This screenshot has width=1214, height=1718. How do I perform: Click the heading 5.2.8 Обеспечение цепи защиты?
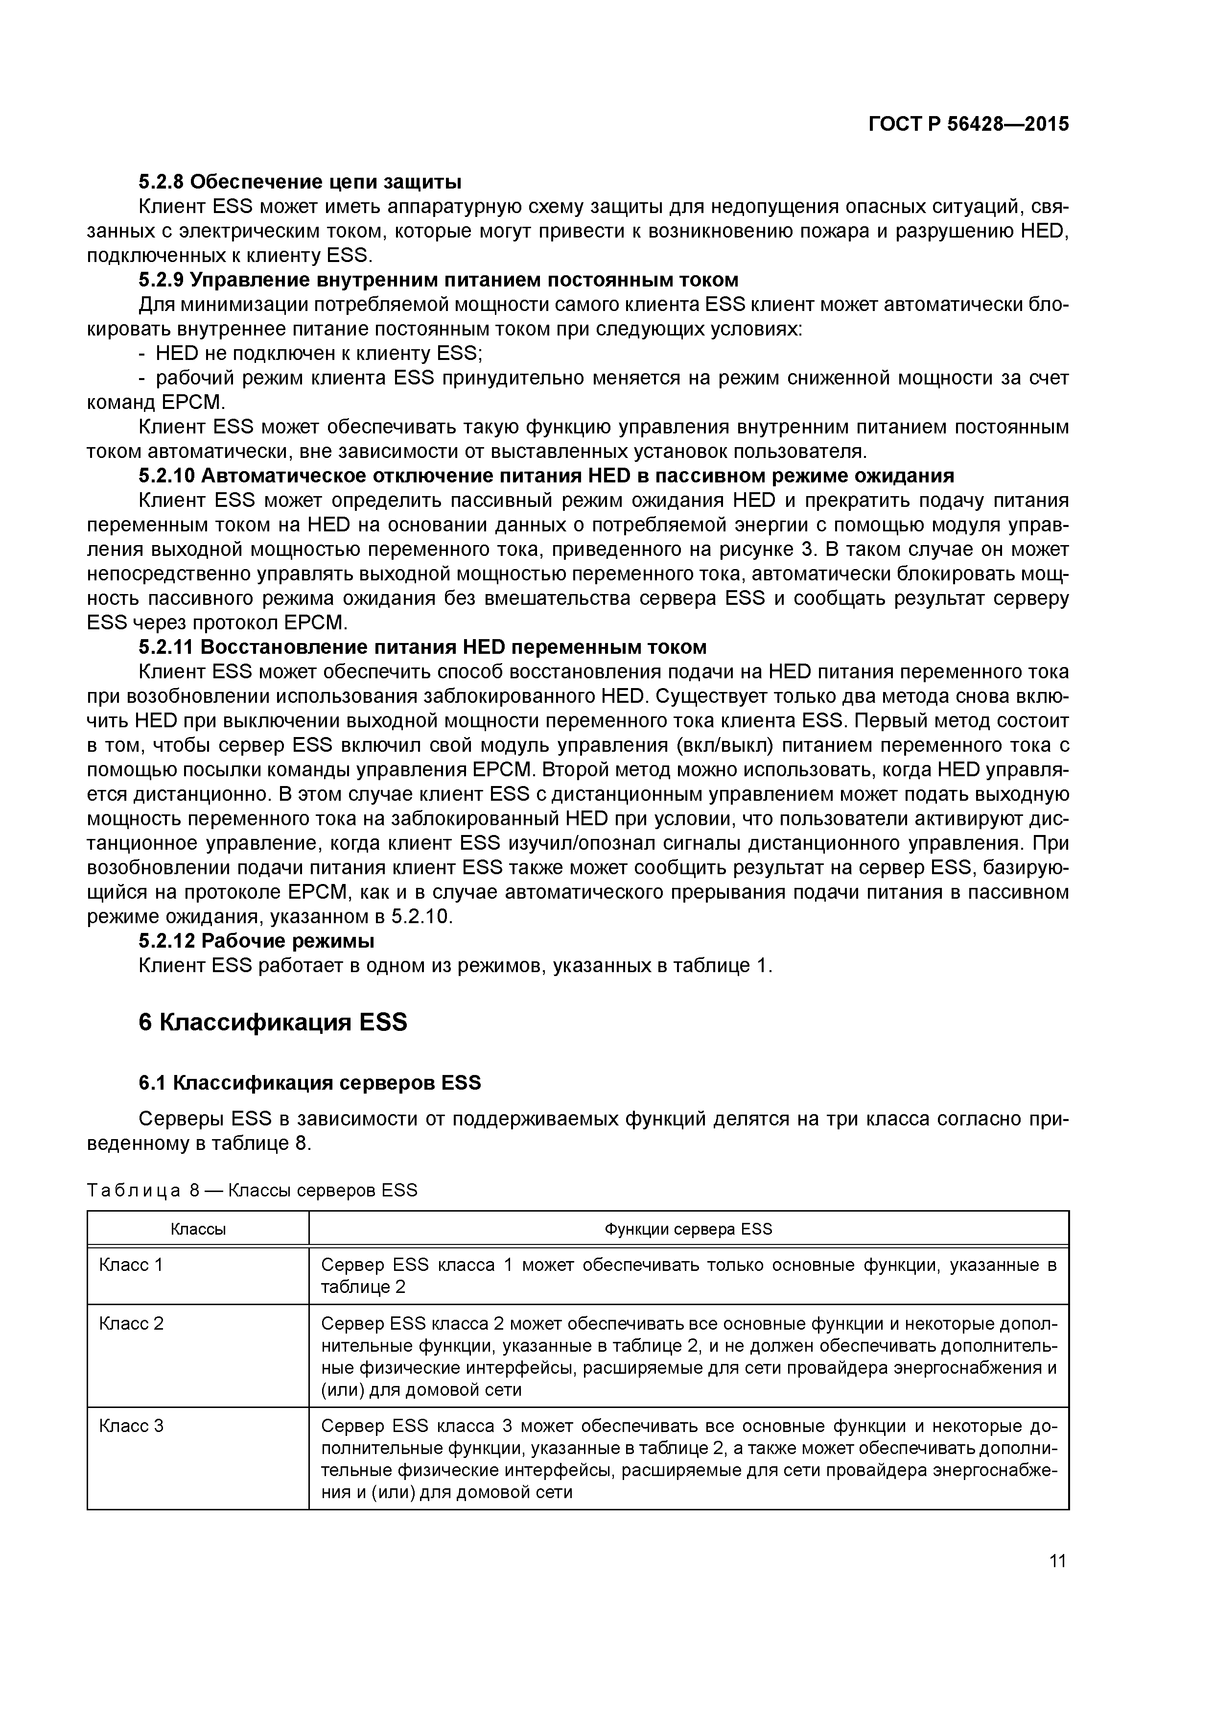pyautogui.click(x=300, y=182)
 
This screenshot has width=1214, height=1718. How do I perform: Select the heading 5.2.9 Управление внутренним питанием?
pyautogui.click(x=438, y=280)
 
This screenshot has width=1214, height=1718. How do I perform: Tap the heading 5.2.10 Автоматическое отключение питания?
pyautogui.click(x=546, y=476)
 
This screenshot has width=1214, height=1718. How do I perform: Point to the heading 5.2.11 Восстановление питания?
pyautogui.click(x=422, y=646)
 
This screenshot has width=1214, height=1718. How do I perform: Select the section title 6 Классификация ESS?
pyautogui.click(x=273, y=1022)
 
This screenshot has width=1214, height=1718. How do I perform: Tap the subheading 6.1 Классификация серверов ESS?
pyautogui.click(x=310, y=1083)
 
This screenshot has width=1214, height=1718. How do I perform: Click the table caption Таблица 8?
pyautogui.click(x=252, y=1190)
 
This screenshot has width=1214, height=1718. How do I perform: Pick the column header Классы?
pyautogui.click(x=198, y=1229)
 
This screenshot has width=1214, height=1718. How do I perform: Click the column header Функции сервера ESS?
pyautogui.click(x=688, y=1229)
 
